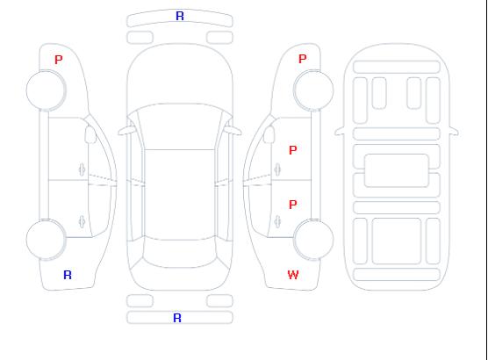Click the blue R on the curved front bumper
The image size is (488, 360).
pyautogui.click(x=180, y=16)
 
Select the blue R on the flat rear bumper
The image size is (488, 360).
pyautogui.click(x=177, y=318)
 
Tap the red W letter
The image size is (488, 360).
pyautogui.click(x=293, y=275)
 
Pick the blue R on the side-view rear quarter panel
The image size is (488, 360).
pyautogui.click(x=68, y=275)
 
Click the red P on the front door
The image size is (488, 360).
pyautogui.click(x=292, y=150)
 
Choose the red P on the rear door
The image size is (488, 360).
pyautogui.click(x=292, y=205)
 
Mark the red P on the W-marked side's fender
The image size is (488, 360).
pyautogui.click(x=302, y=59)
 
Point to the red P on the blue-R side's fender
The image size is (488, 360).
pyautogui.click(x=58, y=60)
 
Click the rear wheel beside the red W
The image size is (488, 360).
pyautogui.click(x=313, y=239)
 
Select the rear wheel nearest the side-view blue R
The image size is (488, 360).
pyautogui.click(x=46, y=239)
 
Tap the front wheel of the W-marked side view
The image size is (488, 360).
pyautogui.click(x=313, y=90)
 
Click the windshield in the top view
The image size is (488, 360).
pyautogui.click(x=180, y=126)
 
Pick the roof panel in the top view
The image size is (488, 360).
pyautogui.click(x=180, y=195)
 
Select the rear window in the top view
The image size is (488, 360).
pyautogui.click(x=180, y=254)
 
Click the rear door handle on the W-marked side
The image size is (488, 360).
pyautogui.click(x=277, y=221)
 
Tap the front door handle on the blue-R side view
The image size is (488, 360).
pyautogui.click(x=82, y=169)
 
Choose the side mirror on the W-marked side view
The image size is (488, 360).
pyautogui.click(x=269, y=134)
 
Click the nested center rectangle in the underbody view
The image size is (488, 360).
pyautogui.click(x=397, y=170)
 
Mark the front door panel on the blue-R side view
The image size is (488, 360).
pyautogui.click(x=68, y=149)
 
